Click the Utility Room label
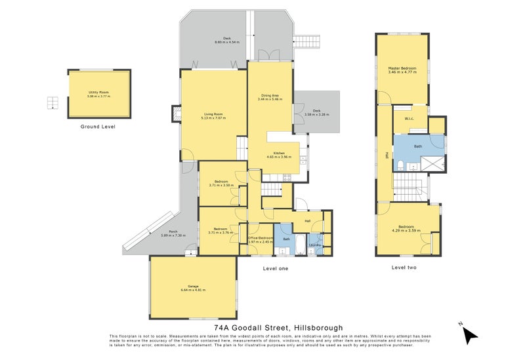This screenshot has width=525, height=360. [99, 94]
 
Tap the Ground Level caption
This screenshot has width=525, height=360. [98, 126]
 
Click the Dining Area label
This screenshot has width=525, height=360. [270, 97]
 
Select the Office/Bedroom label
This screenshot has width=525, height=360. [261, 239]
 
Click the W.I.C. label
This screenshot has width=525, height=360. [409, 119]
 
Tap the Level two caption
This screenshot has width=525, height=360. [404, 267]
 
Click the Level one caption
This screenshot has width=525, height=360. [275, 268]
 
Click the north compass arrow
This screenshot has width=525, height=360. [469, 334]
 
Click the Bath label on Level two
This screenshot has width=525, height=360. [418, 146]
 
